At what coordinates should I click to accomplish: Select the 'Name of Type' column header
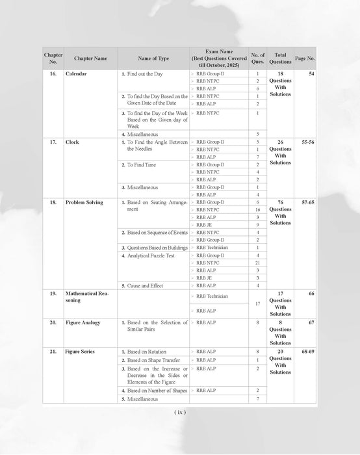(154, 58)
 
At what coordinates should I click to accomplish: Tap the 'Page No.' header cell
(305, 58)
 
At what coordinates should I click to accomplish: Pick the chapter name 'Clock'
(72, 142)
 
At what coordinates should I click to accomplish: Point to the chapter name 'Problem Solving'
(86, 202)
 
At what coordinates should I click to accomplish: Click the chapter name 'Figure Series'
(81, 352)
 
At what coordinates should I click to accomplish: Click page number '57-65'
(305, 202)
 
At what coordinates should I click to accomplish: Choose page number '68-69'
(305, 352)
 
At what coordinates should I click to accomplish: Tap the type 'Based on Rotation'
(146, 352)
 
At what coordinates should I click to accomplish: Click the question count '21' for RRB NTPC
(257, 263)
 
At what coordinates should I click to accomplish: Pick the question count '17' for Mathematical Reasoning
(257, 303)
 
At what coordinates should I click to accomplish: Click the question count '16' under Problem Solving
(257, 210)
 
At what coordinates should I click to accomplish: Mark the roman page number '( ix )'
(180, 412)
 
